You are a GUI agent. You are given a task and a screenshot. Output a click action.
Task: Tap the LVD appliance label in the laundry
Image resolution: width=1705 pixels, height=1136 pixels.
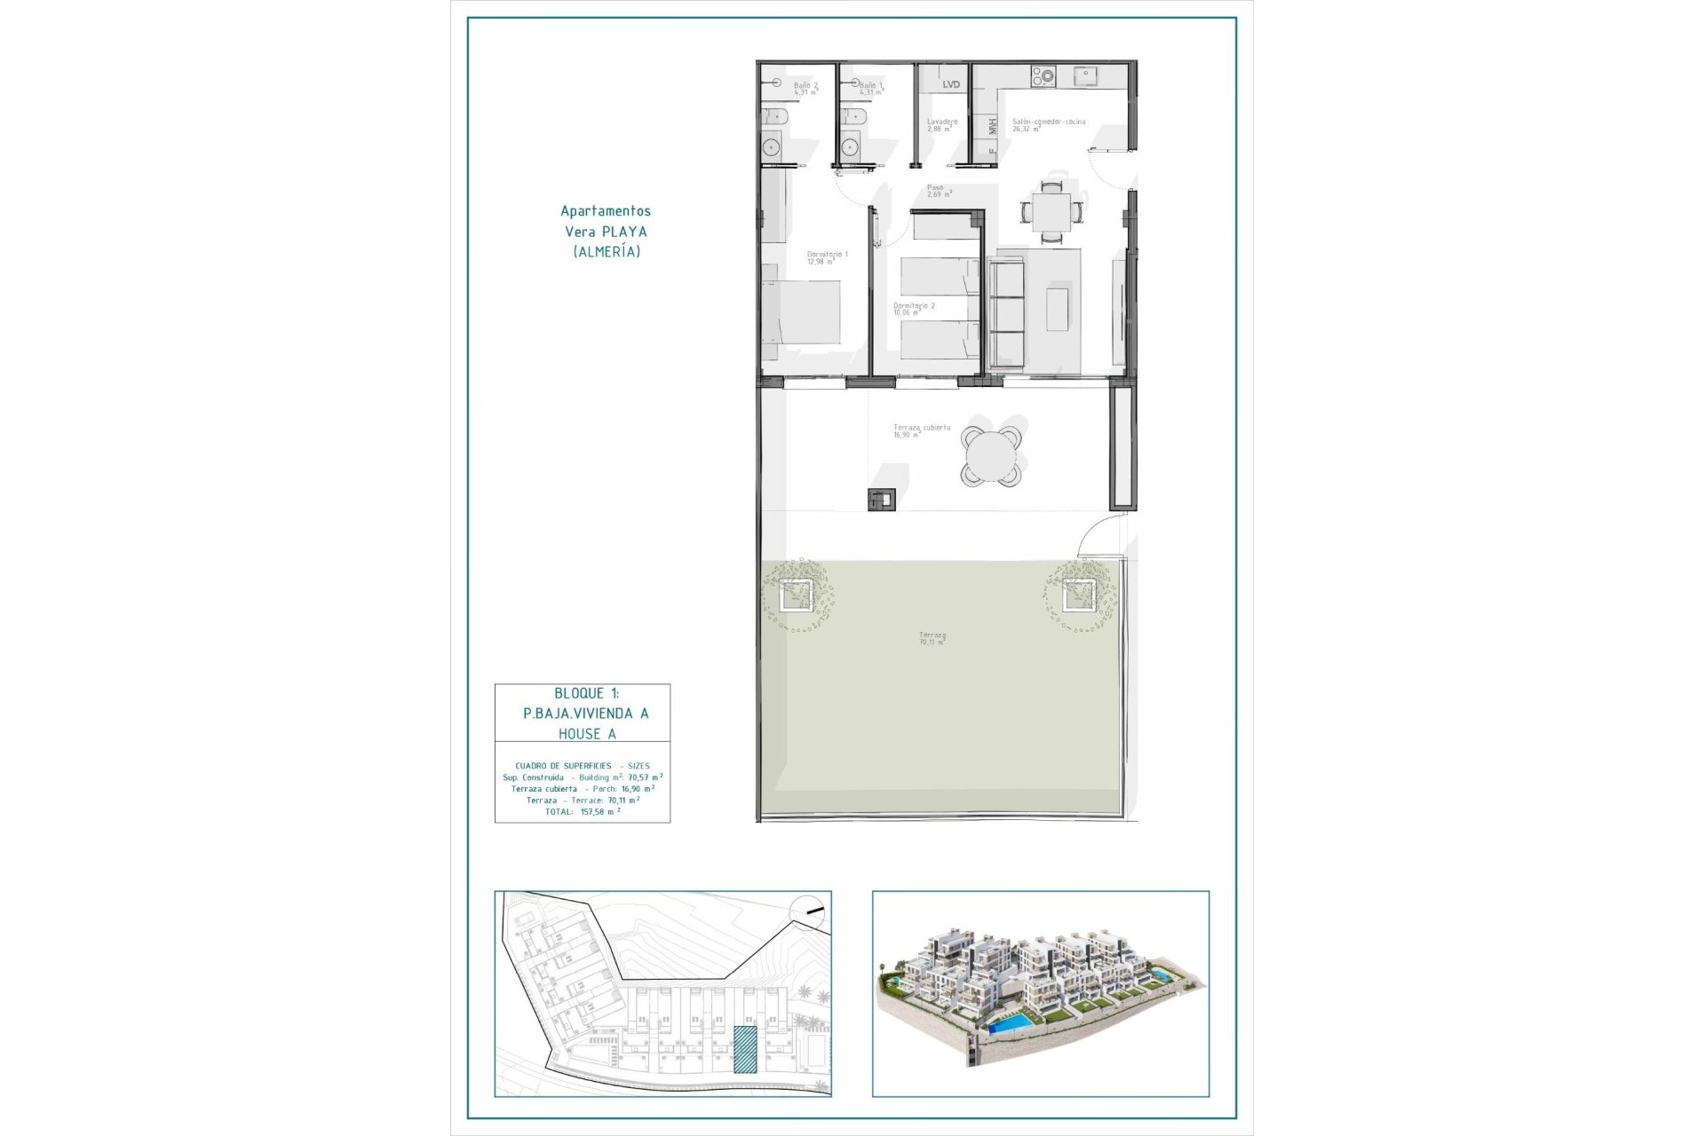tap(951, 84)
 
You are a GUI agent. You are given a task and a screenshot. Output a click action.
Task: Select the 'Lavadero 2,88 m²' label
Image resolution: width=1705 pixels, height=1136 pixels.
tap(941, 124)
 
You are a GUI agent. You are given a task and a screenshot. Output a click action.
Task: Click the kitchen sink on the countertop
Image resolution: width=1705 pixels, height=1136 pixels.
tap(1084, 76)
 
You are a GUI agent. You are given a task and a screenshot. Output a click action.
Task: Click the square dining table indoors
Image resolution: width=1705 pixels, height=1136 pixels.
tap(1051, 213)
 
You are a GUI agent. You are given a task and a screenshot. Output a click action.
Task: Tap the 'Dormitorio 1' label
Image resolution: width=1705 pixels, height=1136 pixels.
tap(827, 257)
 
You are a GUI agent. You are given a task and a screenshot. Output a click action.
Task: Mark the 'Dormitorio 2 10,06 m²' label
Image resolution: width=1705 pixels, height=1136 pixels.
tap(914, 309)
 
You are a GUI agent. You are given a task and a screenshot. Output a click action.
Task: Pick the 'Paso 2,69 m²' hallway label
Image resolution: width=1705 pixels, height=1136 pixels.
tap(938, 190)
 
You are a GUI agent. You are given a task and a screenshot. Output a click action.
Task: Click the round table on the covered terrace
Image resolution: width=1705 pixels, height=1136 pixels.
tap(990, 457)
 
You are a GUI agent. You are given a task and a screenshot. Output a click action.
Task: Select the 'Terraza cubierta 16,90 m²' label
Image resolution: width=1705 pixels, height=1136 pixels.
tap(921, 430)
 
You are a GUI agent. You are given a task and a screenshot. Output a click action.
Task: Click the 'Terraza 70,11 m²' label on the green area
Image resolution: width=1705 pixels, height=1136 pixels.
tap(932, 638)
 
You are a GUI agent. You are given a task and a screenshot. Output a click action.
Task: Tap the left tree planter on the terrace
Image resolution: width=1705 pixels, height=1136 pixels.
tap(797, 595)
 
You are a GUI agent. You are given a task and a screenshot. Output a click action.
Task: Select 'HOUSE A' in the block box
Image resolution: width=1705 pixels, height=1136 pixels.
tap(587, 734)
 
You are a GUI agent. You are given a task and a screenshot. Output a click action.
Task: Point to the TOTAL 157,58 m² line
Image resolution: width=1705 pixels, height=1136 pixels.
tap(583, 811)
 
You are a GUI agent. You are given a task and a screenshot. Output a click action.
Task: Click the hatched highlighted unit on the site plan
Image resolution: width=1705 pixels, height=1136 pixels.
tap(745, 1049)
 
